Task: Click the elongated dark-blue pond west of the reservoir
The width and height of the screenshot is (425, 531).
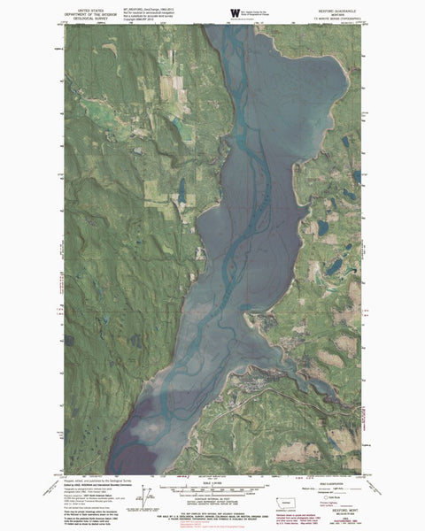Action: pos(182,189)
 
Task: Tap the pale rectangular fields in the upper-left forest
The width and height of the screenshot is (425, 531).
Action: pos(168,88)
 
